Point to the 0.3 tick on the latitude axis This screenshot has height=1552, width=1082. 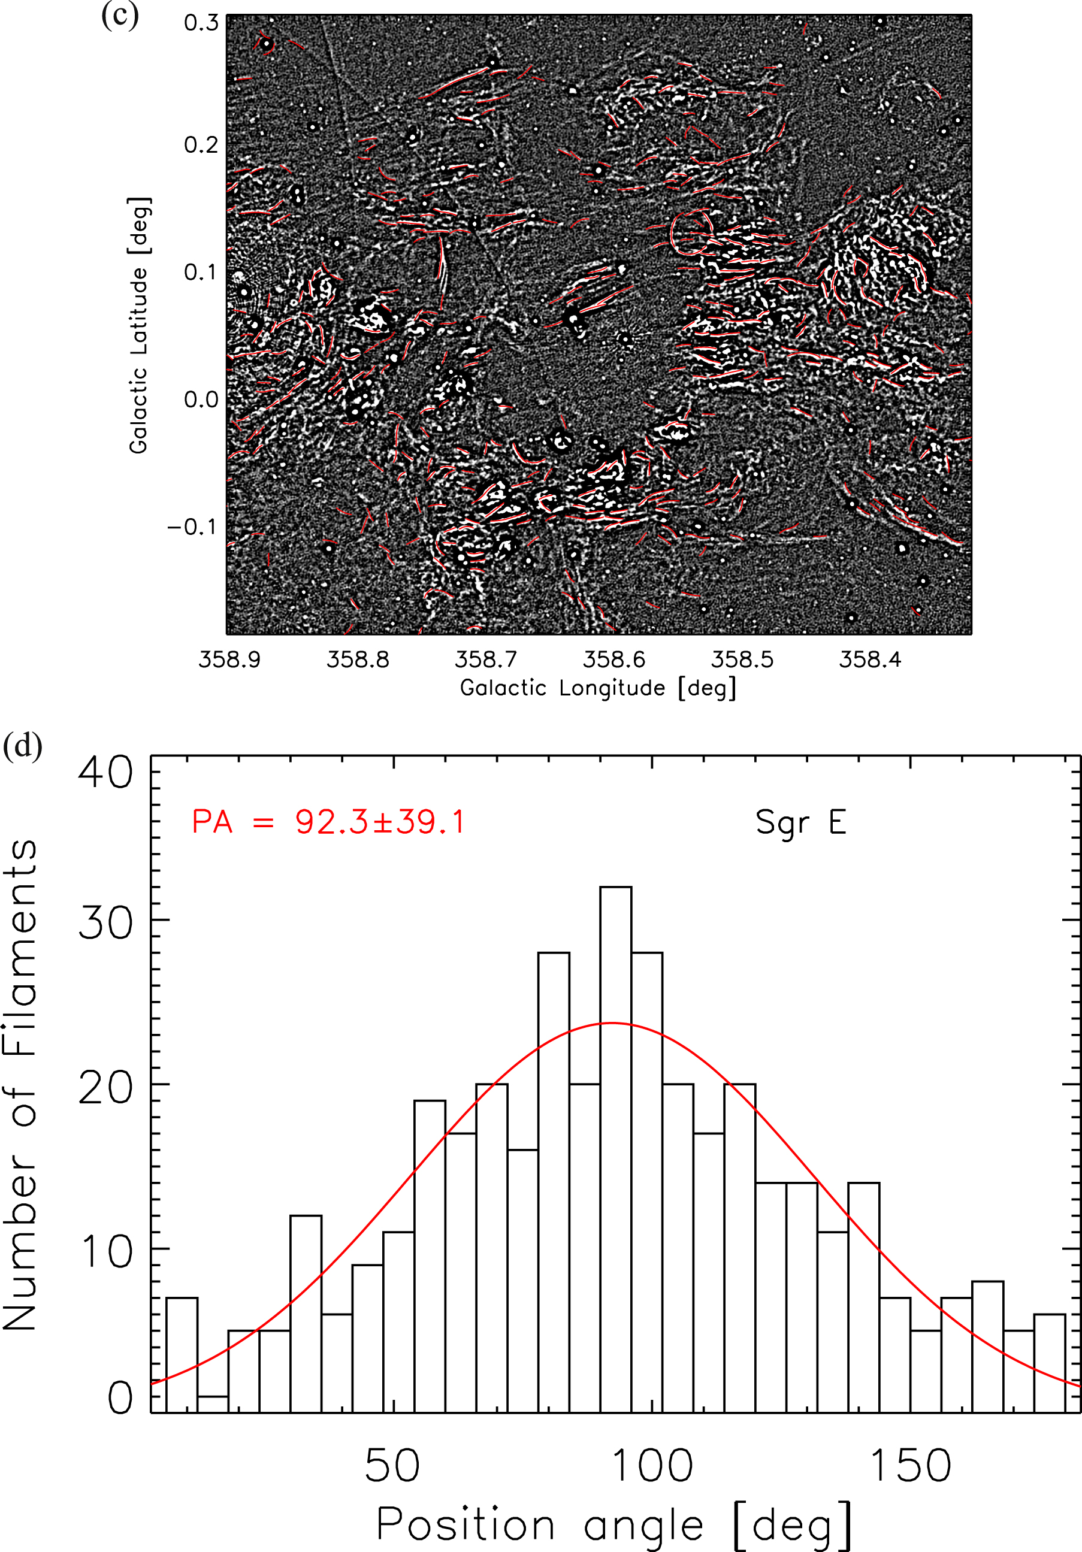coord(201,23)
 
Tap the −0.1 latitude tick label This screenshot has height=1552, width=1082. coord(194,527)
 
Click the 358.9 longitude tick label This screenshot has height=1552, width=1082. coord(229,659)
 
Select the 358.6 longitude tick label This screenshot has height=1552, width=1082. coord(614,659)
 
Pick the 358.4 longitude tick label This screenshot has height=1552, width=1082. coord(871,659)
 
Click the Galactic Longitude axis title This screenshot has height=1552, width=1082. coord(598,688)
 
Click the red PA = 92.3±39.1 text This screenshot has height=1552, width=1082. coord(329,822)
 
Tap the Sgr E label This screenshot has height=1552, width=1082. coord(800,822)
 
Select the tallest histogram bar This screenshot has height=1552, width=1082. coord(615,1149)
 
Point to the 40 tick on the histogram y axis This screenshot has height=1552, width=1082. coord(105,772)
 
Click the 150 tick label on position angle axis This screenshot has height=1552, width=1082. coord(910,1466)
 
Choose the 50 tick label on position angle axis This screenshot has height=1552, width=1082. coord(392,1466)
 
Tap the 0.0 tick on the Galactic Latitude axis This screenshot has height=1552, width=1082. coord(201,400)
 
